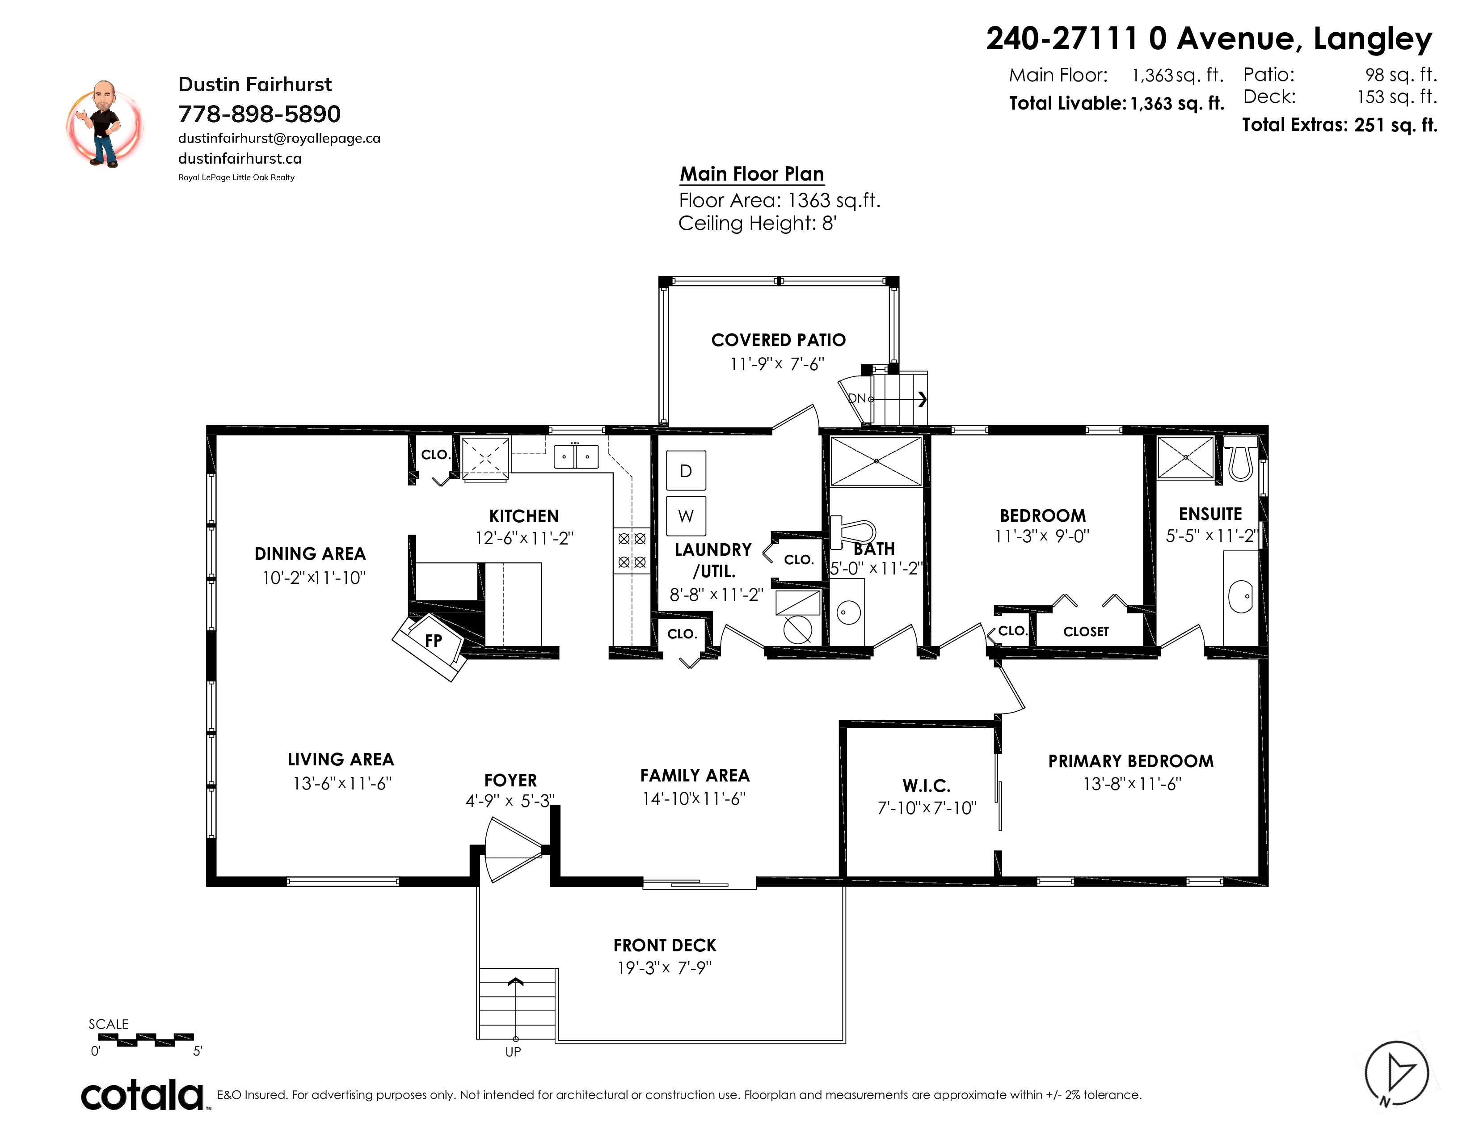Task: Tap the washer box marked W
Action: coord(686,516)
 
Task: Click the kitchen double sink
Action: coord(575,456)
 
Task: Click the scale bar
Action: coord(146,1039)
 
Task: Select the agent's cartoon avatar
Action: coord(104,124)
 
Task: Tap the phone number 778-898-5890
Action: coord(259,114)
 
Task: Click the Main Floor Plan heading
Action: coord(752,174)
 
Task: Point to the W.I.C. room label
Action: coord(927,785)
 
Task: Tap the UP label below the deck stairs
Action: coord(513,1051)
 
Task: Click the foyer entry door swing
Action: coord(513,849)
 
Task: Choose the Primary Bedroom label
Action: coord(1130,761)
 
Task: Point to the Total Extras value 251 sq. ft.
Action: coord(1395,125)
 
